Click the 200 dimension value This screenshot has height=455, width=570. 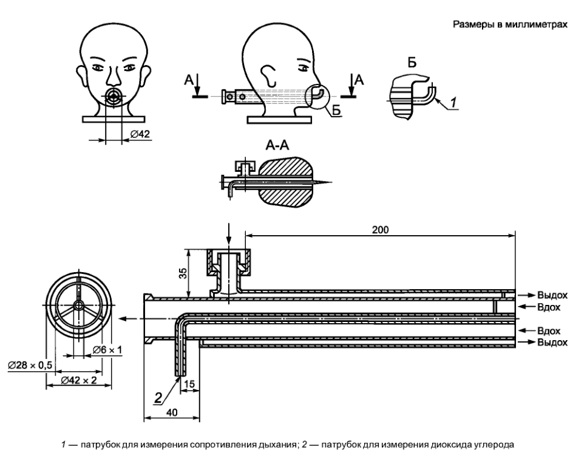click(380, 230)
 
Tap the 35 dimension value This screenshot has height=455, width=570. click(183, 273)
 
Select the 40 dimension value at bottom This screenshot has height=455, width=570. click(172, 412)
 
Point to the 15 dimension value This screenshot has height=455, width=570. click(190, 385)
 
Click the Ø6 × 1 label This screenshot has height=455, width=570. click(107, 350)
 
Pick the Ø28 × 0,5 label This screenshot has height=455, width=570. click(30, 365)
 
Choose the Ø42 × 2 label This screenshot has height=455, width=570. click(79, 380)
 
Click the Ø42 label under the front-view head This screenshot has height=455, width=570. click(140, 134)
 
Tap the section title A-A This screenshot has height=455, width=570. click(277, 145)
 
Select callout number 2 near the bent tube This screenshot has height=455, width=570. click(158, 397)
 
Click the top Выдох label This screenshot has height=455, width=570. click(552, 295)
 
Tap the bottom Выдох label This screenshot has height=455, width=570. click(552, 342)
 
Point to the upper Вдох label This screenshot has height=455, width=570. click(549, 307)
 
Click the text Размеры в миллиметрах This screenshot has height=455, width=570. click(510, 25)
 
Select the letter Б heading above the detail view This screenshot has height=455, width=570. click(412, 63)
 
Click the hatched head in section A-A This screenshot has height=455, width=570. click(285, 182)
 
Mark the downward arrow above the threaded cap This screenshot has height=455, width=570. click(228, 234)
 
